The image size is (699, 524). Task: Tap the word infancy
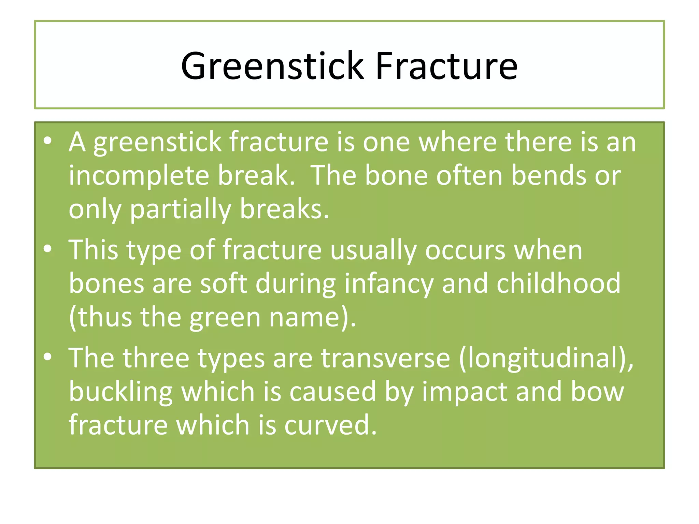point(389,284)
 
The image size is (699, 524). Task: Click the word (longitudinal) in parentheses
point(545,359)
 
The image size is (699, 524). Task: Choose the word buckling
point(121,392)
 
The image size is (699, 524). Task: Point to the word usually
point(373,251)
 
